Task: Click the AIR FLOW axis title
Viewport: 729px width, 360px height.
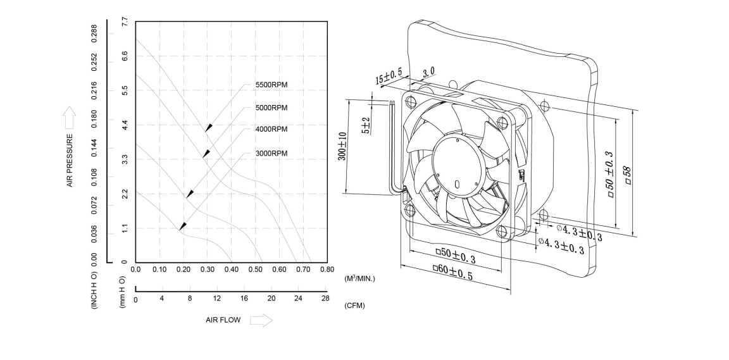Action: tap(223, 320)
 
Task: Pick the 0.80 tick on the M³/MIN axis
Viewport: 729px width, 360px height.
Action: tap(327, 270)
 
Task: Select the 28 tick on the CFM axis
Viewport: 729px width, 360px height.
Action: tap(325, 299)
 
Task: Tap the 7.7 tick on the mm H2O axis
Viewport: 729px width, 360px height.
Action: tap(125, 22)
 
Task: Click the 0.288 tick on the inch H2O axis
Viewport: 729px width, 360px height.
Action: tap(95, 32)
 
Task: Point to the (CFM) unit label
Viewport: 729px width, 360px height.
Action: tap(354, 306)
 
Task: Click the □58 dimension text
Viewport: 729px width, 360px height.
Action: tap(628, 173)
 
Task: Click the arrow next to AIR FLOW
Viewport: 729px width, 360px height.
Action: tap(261, 321)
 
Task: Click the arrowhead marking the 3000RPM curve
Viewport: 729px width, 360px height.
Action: tap(182, 225)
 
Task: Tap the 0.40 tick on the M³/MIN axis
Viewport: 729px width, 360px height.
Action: tap(231, 270)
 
